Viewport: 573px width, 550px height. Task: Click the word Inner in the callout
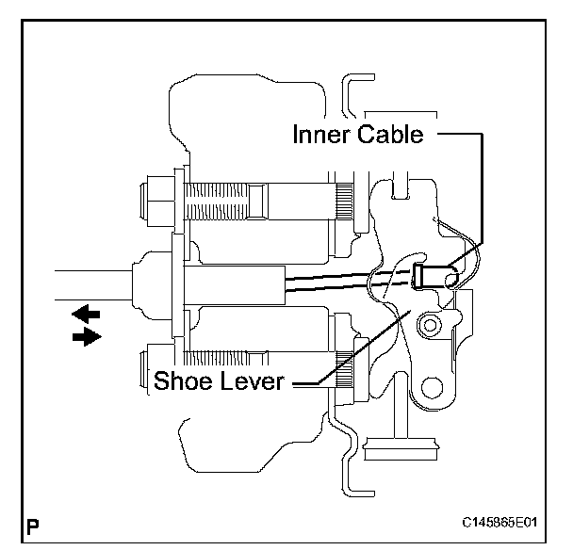click(x=320, y=134)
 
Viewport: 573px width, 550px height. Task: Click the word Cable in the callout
click(x=391, y=134)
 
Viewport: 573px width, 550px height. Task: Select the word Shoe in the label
click(x=183, y=380)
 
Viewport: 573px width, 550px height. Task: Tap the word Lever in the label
click(x=253, y=380)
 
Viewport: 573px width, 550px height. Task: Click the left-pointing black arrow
click(x=86, y=314)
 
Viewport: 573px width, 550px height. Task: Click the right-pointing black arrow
click(x=87, y=336)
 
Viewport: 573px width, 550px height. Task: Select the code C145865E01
click(x=499, y=523)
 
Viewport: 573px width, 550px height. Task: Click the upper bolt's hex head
click(x=158, y=202)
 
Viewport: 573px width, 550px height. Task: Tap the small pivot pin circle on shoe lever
click(x=430, y=325)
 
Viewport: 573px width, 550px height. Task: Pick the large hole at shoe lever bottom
click(x=432, y=387)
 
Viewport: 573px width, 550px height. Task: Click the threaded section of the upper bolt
click(x=217, y=202)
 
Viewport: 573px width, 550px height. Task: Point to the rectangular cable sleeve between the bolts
click(x=235, y=285)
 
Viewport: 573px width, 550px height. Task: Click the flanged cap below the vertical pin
click(x=401, y=448)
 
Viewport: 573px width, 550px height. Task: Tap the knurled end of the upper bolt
click(x=344, y=202)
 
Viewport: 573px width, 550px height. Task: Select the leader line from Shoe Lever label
click(x=352, y=348)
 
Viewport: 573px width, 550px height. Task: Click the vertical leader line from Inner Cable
click(x=482, y=188)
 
